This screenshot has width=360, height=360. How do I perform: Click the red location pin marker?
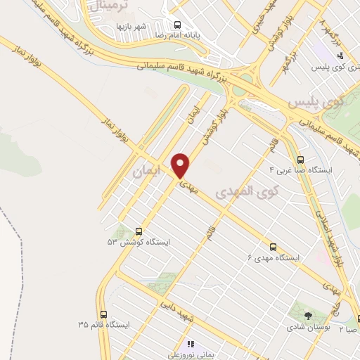pyautogui.click(x=181, y=165)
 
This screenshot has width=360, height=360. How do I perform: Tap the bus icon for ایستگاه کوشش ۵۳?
pyautogui.click(x=138, y=231)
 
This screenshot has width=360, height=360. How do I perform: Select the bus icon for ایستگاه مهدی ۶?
pyautogui.click(x=274, y=247)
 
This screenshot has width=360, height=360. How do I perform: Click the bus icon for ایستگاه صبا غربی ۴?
pyautogui.click(x=301, y=160)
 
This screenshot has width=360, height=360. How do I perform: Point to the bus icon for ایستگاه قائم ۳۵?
pyautogui.click(x=104, y=314)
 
